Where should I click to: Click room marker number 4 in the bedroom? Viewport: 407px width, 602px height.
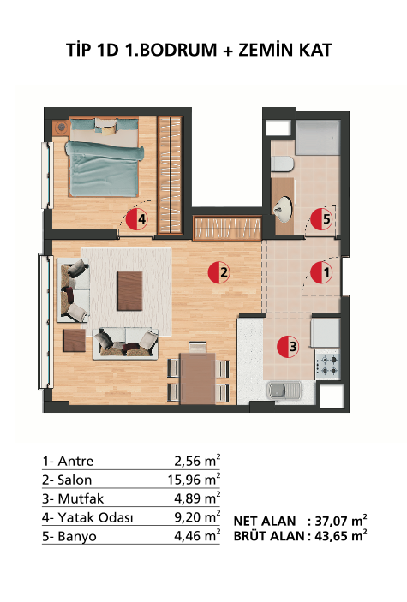click(137, 219)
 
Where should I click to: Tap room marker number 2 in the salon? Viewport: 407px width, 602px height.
click(218, 272)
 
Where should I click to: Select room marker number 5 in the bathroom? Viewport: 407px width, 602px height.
click(321, 219)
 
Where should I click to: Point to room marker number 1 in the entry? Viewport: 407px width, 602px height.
click(321, 272)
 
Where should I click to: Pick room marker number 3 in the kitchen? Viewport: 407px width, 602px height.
click(288, 346)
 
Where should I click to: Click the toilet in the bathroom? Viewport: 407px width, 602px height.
click(283, 164)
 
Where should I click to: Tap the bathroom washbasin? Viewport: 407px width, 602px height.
click(284, 209)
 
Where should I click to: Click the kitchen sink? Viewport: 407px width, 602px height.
click(284, 390)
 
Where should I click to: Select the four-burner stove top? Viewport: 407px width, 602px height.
click(328, 365)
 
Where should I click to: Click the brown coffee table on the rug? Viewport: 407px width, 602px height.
click(130, 290)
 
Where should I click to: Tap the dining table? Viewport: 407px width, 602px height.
click(198, 378)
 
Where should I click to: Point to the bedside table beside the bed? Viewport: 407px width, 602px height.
click(61, 127)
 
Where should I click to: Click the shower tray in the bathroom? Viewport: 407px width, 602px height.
click(318, 138)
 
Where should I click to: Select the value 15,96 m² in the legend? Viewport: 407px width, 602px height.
click(195, 479)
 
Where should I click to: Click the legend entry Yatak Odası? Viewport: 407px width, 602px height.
click(95, 517)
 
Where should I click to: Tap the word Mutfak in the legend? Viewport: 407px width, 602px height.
click(81, 498)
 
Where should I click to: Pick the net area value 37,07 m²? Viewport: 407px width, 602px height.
click(341, 521)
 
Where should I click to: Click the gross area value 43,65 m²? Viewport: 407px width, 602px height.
click(341, 535)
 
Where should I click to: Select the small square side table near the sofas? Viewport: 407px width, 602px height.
click(75, 341)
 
